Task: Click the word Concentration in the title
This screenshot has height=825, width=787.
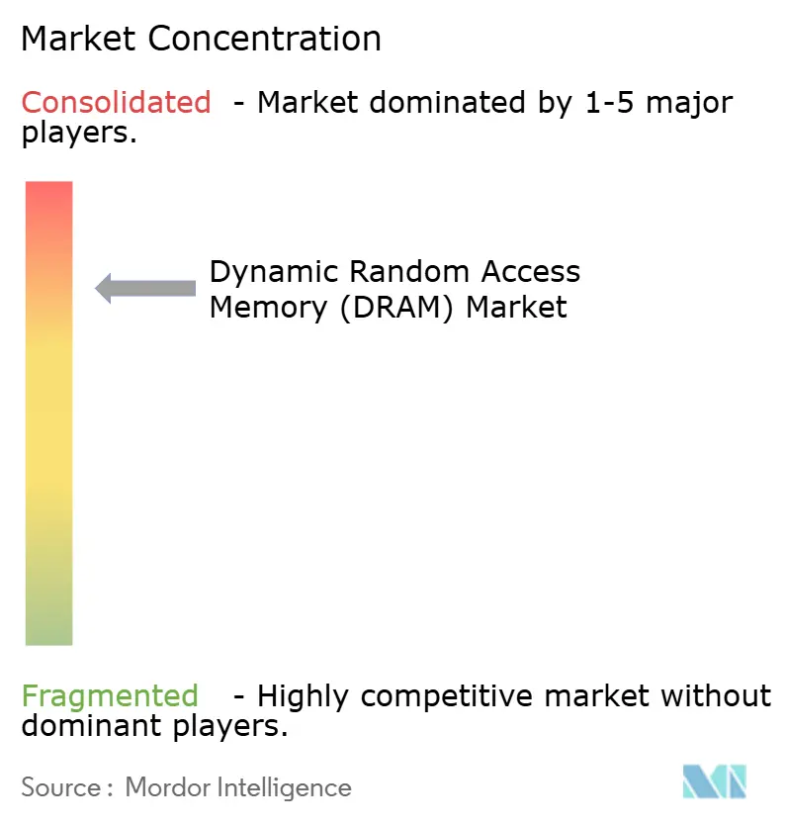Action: (265, 39)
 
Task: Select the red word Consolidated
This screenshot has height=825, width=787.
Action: (116, 102)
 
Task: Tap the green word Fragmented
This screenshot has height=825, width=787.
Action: (110, 696)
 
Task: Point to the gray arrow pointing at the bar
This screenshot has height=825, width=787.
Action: (144, 288)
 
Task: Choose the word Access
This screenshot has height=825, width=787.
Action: (531, 271)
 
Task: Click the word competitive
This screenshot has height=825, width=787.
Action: (456, 696)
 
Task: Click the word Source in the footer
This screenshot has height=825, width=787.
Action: (60, 787)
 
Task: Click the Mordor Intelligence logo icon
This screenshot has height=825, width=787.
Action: (715, 781)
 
